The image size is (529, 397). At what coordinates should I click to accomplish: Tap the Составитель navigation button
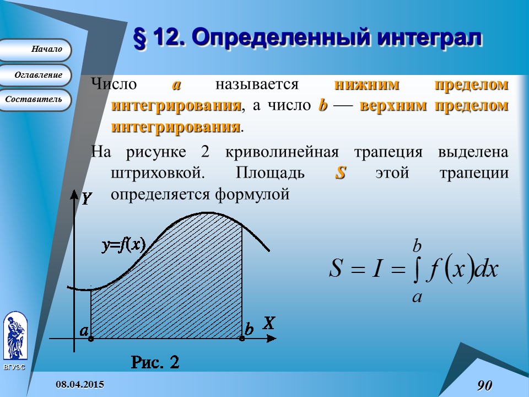[36, 100]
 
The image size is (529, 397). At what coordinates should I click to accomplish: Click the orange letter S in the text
[340, 173]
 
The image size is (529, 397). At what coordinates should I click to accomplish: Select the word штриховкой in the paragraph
[154, 173]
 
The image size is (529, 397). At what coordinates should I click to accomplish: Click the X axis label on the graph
[268, 324]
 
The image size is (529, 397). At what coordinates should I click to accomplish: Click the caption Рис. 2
[155, 362]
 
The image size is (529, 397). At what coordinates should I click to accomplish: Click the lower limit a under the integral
[417, 297]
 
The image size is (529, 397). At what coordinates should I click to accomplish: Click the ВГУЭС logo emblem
[14, 336]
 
